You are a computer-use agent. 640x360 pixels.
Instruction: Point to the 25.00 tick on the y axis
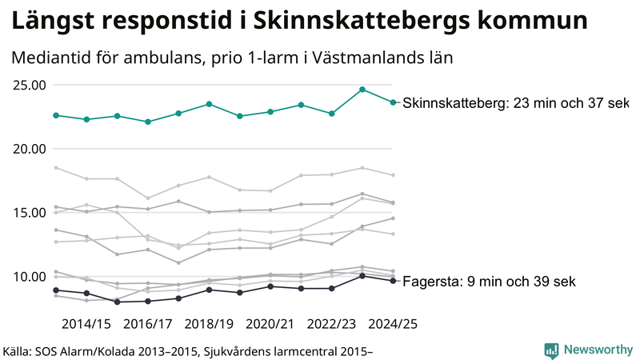(x=28, y=86)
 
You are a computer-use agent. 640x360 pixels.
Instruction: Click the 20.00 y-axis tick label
(x=28, y=149)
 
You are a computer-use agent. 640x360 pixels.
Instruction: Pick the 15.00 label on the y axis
(x=28, y=213)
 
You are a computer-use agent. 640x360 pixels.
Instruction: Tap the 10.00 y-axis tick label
(x=28, y=277)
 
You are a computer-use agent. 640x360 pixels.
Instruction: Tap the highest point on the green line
(x=362, y=90)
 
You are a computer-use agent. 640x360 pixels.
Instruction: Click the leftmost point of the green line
(x=56, y=115)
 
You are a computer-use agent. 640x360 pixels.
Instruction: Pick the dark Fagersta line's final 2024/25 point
(x=393, y=281)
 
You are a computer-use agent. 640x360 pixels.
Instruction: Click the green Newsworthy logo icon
(x=551, y=350)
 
